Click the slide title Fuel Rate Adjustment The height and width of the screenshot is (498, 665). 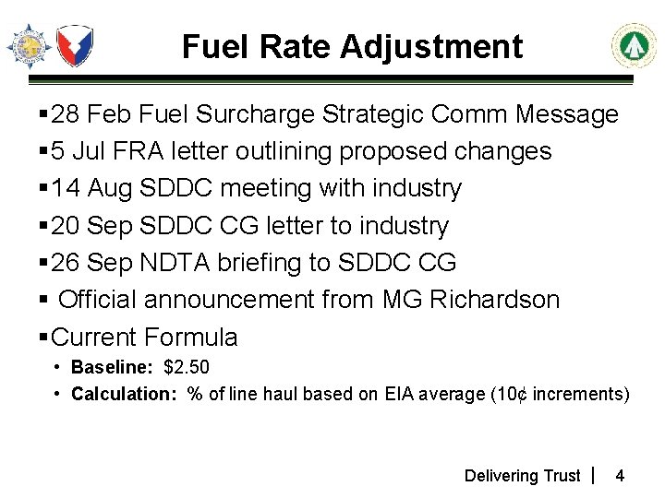point(352,45)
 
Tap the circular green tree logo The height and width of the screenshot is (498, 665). point(634,46)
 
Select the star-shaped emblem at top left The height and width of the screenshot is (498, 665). point(29,46)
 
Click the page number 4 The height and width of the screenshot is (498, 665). point(620,476)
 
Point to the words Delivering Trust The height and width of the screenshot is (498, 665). point(522,476)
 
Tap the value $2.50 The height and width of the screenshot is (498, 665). point(187,367)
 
